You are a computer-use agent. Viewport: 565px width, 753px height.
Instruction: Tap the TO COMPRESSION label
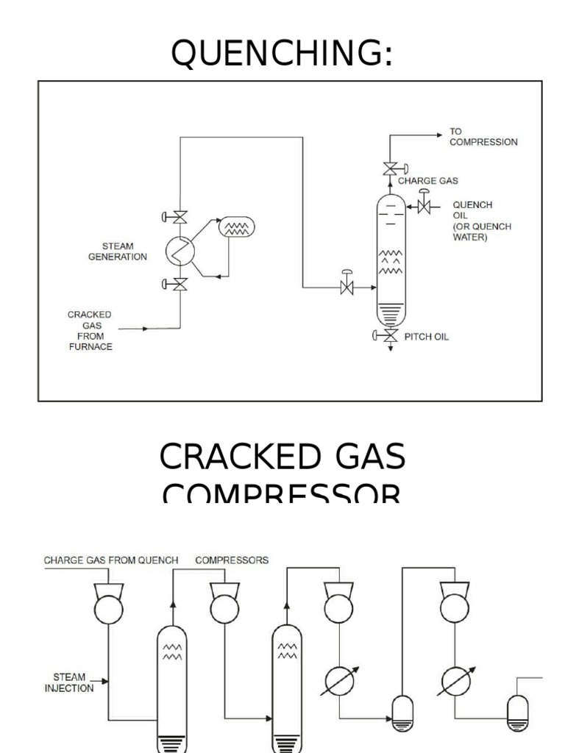tap(483, 137)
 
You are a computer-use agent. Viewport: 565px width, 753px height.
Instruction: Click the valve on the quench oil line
tap(424, 206)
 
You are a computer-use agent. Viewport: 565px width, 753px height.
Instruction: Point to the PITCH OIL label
tap(426, 337)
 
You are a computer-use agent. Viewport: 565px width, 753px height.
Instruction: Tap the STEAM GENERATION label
tap(118, 251)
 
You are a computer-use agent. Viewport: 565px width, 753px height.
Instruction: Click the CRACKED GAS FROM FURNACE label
tap(90, 331)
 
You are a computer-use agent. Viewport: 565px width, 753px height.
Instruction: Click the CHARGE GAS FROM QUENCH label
tap(111, 560)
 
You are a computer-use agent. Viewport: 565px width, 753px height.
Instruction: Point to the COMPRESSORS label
tap(232, 560)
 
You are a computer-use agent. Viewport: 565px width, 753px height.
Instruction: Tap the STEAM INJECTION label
tap(69, 682)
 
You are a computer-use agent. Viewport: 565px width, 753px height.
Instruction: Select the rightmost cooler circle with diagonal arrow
tap(454, 681)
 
